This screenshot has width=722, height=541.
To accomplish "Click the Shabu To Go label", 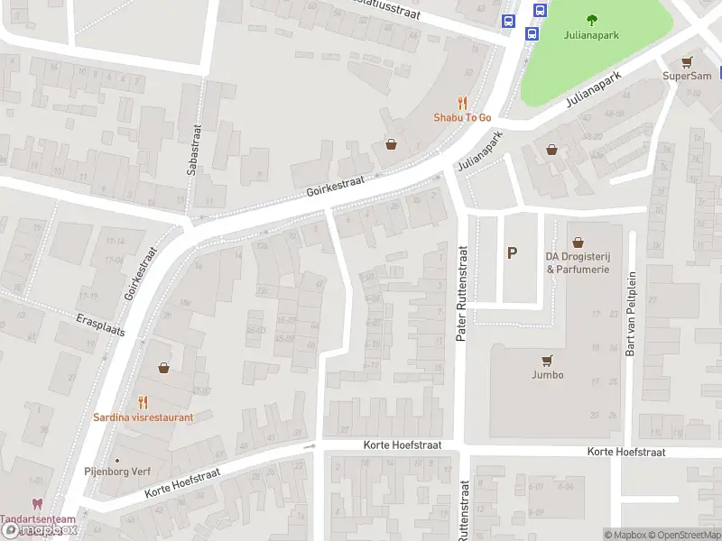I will tap(462, 117).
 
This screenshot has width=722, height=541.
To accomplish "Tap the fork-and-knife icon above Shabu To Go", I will tap(463, 103).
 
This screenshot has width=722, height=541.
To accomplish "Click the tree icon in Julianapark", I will tap(592, 20).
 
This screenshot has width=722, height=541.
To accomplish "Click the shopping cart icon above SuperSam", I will tap(688, 61).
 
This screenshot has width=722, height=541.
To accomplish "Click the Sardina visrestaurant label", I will tap(143, 417).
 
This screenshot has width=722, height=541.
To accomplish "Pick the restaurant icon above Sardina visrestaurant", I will tap(143, 402).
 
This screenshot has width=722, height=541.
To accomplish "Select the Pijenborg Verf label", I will tap(117, 472).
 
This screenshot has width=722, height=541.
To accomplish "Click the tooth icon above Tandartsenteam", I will tap(37, 505).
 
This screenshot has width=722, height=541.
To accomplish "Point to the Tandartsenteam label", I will tap(37, 520).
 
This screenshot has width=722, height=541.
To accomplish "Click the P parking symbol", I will tap(512, 253).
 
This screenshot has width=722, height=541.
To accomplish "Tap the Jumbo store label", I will tap(547, 374).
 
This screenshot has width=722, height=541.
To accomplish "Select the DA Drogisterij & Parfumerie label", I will tap(578, 262).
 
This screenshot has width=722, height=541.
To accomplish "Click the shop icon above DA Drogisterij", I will tap(578, 243).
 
